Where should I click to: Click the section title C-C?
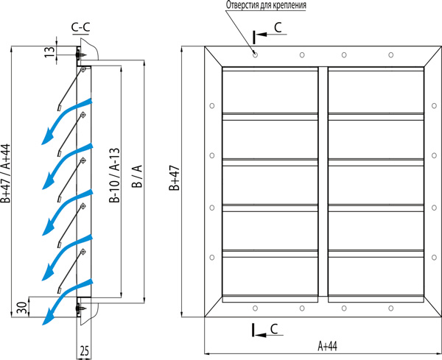tap(80, 27)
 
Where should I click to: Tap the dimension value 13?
tap(49, 52)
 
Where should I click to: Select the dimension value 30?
tap(22, 307)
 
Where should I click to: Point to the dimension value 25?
tap(84, 350)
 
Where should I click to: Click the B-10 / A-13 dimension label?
tap(115, 175)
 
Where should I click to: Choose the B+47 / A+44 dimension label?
tap(5, 173)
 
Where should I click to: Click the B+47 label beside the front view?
tap(174, 177)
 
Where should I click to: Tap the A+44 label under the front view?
tap(327, 346)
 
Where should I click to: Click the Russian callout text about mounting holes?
tap(266, 5)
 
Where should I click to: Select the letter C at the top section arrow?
tap(278, 27)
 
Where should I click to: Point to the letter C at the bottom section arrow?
tap(274, 329)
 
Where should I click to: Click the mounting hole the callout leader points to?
tap(255, 54)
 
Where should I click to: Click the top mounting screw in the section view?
tap(81, 54)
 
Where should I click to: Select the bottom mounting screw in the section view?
tap(81, 308)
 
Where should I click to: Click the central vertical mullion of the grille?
tap(323, 181)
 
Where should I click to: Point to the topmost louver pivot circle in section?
tap(83, 69)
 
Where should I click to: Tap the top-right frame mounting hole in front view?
tap(390, 54)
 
